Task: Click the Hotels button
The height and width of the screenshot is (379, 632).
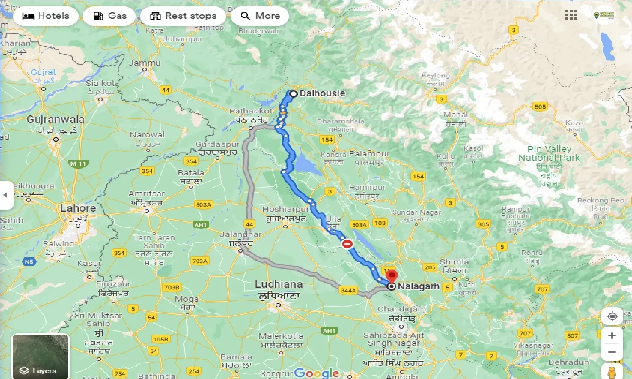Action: pyautogui.click(x=46, y=16)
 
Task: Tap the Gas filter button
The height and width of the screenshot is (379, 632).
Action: pyautogui.click(x=109, y=16)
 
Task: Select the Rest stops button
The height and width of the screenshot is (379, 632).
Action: pyautogui.click(x=183, y=16)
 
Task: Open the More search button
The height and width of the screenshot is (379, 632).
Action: pyautogui.click(x=260, y=16)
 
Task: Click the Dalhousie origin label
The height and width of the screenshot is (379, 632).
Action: pyautogui.click(x=322, y=93)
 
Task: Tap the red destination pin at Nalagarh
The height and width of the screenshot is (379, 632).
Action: pyautogui.click(x=391, y=276)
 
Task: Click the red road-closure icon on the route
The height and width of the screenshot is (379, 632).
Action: pyautogui.click(x=347, y=244)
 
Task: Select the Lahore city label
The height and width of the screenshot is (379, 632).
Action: pyautogui.click(x=78, y=208)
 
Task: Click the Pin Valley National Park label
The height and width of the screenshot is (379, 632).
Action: pyautogui.click(x=549, y=153)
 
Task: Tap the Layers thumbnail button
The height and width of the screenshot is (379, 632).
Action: pyautogui.click(x=40, y=356)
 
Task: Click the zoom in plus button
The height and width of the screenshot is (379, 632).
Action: pyautogui.click(x=612, y=336)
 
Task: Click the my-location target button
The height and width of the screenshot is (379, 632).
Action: pyautogui.click(x=612, y=316)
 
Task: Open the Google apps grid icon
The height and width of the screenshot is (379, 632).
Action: pyautogui.click(x=571, y=15)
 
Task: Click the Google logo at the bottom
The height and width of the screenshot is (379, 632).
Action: pyautogui.click(x=316, y=373)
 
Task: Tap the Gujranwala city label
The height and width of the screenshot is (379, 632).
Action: pyautogui.click(x=56, y=119)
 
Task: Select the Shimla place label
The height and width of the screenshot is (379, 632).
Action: pyautogui.click(x=454, y=262)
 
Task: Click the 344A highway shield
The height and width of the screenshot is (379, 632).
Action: pyautogui.click(x=348, y=290)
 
